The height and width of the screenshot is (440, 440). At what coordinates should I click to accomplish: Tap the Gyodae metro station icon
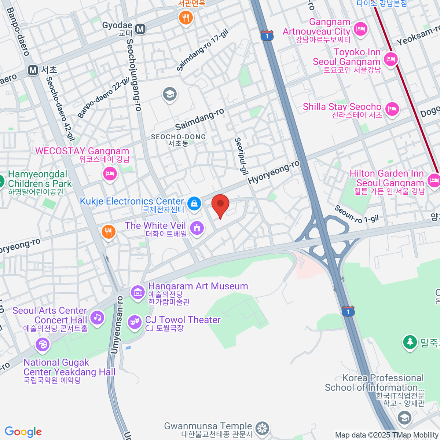(140, 29)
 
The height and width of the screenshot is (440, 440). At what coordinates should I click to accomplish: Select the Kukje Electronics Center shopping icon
(194, 203)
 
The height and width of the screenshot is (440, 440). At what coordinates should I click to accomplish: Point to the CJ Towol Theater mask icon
(135, 322)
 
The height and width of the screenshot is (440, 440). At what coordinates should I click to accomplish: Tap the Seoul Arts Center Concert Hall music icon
(97, 317)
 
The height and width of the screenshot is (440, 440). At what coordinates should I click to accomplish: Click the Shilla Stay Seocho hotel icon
(392, 109)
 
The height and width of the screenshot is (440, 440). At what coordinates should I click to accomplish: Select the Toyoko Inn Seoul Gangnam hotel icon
(391, 58)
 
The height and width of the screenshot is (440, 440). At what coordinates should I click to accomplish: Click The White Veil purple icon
(197, 228)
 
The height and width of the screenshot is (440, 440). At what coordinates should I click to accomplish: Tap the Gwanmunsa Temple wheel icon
(263, 428)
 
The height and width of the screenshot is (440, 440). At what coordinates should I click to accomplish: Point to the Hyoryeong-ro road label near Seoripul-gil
(274, 172)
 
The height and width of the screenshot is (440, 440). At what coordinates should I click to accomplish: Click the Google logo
(23, 432)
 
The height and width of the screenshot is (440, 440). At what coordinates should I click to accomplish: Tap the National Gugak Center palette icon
(43, 344)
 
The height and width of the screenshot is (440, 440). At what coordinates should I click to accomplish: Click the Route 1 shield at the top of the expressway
(267, 36)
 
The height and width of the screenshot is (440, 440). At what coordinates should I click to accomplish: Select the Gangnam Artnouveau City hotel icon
(361, 29)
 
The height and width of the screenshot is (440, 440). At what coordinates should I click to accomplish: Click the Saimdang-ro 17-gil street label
(202, 50)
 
